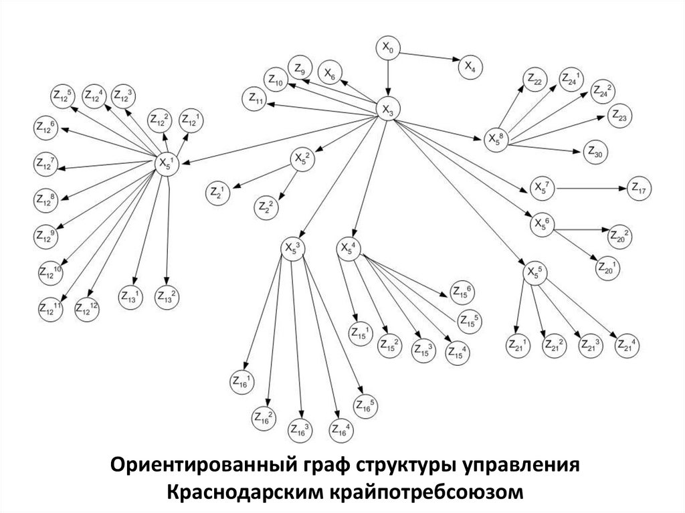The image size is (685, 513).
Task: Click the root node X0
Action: pyautogui.click(x=388, y=47)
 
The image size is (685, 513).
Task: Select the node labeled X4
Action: pyautogui.click(x=470, y=66)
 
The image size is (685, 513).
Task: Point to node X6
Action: pyautogui.click(x=330, y=74)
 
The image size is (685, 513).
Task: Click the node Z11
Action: pyautogui.click(x=255, y=100)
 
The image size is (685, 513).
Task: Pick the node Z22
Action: pyautogui.click(x=534, y=80)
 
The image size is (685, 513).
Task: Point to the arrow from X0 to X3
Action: pyautogui.click(x=388, y=79)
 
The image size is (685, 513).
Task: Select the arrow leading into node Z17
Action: pyautogui.click(x=589, y=189)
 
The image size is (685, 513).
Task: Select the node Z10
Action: pyautogui.click(x=276, y=80)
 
